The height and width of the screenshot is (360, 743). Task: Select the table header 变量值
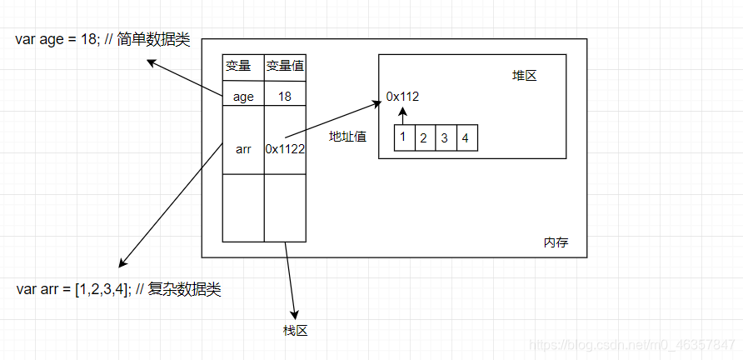click(x=285, y=67)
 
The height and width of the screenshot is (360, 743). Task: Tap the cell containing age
click(x=243, y=97)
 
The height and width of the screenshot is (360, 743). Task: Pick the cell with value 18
click(x=285, y=97)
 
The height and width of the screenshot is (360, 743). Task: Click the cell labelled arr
click(x=243, y=148)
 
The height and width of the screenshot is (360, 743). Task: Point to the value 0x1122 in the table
click(x=285, y=148)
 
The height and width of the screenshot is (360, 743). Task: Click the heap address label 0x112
click(x=402, y=97)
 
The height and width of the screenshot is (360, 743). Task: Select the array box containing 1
click(x=403, y=137)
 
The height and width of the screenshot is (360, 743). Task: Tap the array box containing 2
click(x=423, y=137)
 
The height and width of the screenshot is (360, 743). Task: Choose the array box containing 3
click(x=444, y=137)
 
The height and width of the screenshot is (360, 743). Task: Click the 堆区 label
click(x=524, y=76)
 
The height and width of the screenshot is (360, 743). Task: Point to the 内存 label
click(x=556, y=242)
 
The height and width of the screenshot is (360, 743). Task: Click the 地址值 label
click(x=347, y=137)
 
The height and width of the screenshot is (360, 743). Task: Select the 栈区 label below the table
click(x=295, y=331)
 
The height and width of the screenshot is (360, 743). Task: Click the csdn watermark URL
click(x=633, y=343)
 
